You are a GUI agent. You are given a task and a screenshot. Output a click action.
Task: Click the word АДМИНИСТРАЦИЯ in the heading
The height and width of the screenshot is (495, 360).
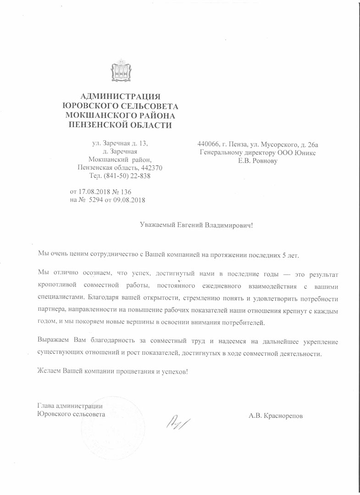(121, 96)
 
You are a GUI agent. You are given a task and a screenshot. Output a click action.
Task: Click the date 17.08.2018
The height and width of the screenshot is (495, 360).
(95, 191)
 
